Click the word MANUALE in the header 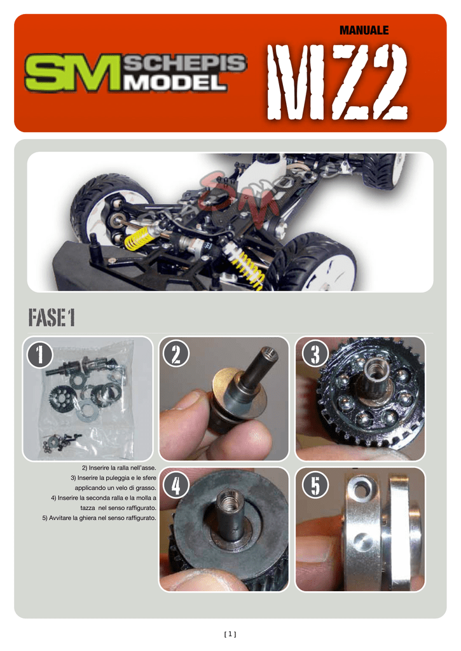(x=364, y=31)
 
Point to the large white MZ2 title (x=337, y=81)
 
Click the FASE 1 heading (x=52, y=318)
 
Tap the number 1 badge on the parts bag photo (x=40, y=354)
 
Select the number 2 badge (x=176, y=354)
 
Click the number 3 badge (x=315, y=354)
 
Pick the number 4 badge (x=176, y=484)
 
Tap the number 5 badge (x=315, y=484)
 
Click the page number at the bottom (x=230, y=634)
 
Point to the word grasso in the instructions (x=147, y=488)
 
